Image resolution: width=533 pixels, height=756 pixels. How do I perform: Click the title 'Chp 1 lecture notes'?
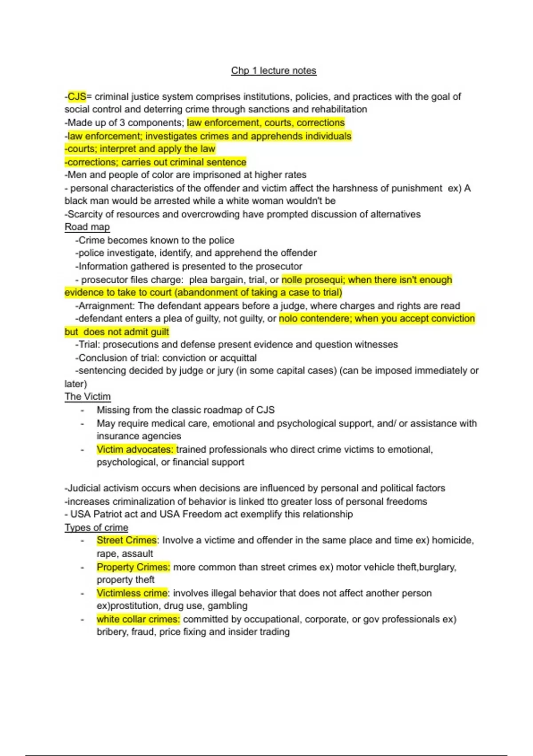click(x=274, y=71)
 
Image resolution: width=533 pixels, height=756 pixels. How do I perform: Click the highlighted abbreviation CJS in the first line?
click(x=77, y=97)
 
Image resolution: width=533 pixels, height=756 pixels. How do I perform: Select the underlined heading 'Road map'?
click(x=87, y=227)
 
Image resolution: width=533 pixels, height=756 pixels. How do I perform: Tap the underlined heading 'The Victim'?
click(x=88, y=397)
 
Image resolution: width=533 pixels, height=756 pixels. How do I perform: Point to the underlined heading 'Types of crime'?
click(x=96, y=527)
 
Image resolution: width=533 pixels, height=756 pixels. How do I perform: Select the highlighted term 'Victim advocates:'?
click(x=135, y=449)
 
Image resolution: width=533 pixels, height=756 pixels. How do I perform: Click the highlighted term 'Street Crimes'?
click(x=127, y=540)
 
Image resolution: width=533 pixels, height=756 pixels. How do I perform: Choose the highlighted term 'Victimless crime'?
click(x=132, y=593)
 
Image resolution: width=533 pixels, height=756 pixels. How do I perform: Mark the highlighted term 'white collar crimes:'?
click(x=138, y=619)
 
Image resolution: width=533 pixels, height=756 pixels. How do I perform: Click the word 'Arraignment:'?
click(x=107, y=306)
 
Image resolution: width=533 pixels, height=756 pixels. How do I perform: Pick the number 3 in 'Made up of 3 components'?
click(x=122, y=123)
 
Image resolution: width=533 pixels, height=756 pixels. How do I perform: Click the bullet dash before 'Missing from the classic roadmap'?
click(x=82, y=410)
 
